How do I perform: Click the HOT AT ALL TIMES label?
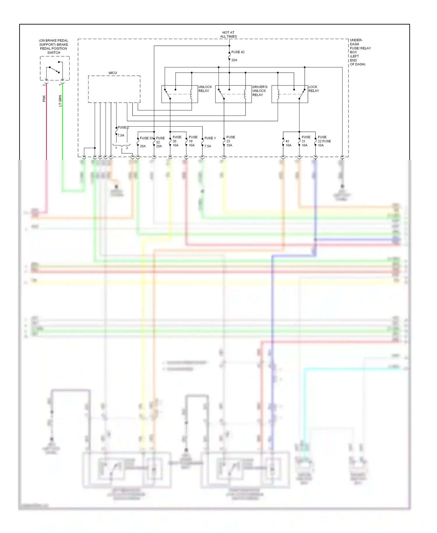pos(228,34)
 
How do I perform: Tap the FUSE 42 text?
pos(238,52)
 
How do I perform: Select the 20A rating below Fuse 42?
pos(234,60)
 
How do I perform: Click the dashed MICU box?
pos(114,89)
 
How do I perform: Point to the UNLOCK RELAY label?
pos(205,89)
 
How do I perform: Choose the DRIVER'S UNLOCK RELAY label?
pos(260,91)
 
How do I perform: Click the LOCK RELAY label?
pos(313,89)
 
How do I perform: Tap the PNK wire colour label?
pos(44,99)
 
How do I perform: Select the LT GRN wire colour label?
pos(60,101)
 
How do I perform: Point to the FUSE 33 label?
pos(146,138)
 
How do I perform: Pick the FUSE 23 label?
pos(230,139)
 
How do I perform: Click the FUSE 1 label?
pos(210,138)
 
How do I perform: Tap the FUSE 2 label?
pos(123,127)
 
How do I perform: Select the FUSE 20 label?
pos(177,139)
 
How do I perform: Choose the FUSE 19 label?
pos(193,139)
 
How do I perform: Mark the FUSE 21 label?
pos(306,139)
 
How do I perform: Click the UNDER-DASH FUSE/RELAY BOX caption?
pos(360,52)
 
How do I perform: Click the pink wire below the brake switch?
pos(46,131)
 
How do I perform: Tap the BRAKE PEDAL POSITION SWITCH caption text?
pos(54,47)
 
